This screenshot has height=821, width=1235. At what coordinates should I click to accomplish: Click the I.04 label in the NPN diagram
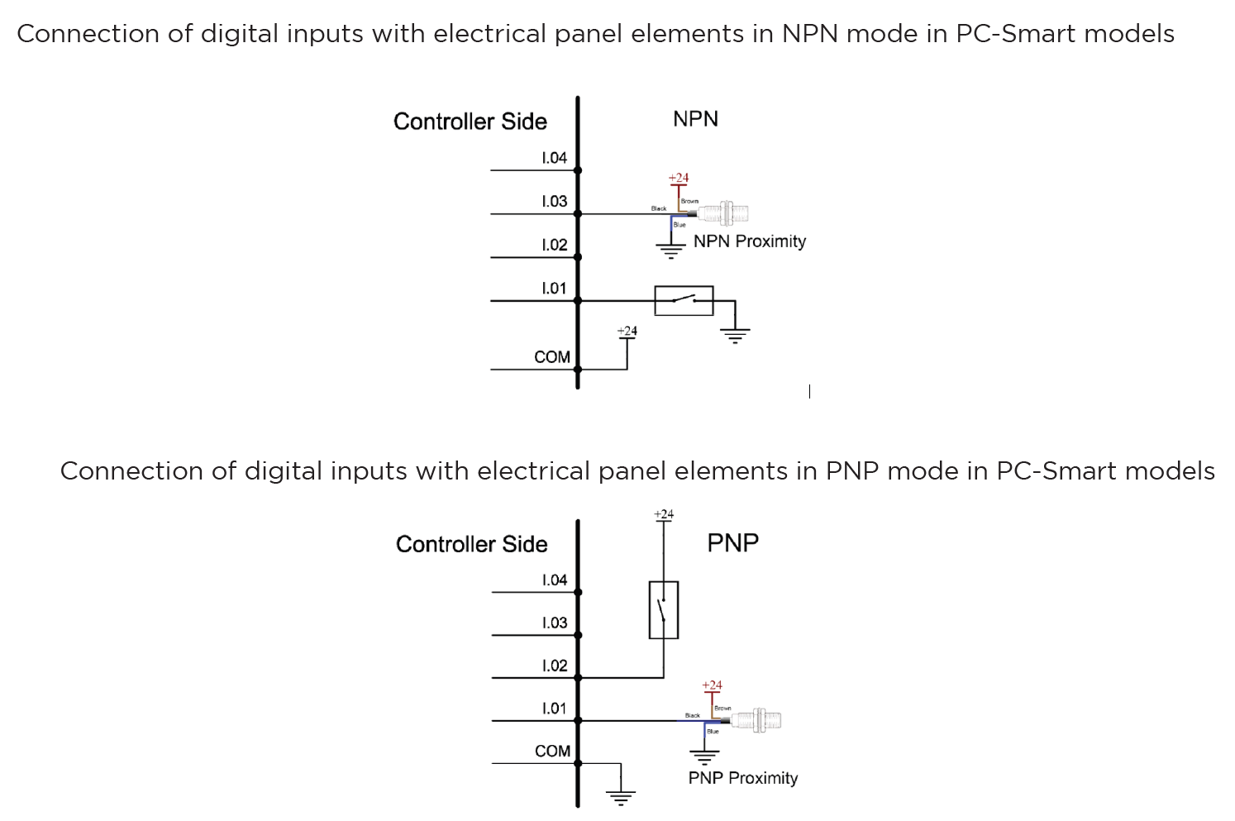click(554, 158)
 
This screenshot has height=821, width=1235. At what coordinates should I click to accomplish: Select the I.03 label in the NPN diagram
click(554, 201)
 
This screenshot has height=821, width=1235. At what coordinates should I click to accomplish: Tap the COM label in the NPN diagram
click(552, 357)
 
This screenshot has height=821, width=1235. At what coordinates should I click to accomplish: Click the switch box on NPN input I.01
click(684, 301)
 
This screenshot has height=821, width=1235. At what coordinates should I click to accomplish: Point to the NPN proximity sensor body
click(725, 213)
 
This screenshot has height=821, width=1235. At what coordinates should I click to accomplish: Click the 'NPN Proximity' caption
click(749, 241)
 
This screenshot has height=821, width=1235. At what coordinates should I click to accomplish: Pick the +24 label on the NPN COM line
click(627, 332)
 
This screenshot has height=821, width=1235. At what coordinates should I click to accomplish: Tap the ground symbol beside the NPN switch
click(735, 334)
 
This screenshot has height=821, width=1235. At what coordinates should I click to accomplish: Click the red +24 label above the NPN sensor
click(678, 178)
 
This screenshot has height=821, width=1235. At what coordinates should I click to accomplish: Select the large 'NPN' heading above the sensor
click(695, 119)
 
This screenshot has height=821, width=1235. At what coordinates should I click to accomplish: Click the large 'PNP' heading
click(732, 543)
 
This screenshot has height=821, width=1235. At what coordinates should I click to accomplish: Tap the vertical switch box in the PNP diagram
click(663, 610)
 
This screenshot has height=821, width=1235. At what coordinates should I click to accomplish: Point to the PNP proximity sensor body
click(757, 719)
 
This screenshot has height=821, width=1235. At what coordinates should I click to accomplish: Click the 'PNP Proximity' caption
click(742, 778)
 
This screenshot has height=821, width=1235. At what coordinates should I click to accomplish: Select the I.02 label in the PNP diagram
click(555, 666)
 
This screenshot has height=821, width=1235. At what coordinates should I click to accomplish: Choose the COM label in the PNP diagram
click(552, 752)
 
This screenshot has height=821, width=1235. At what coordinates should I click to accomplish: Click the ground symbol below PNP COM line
click(620, 797)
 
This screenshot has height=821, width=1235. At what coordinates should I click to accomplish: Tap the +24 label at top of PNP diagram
click(663, 514)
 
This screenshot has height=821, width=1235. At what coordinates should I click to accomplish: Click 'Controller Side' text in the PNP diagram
click(471, 544)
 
